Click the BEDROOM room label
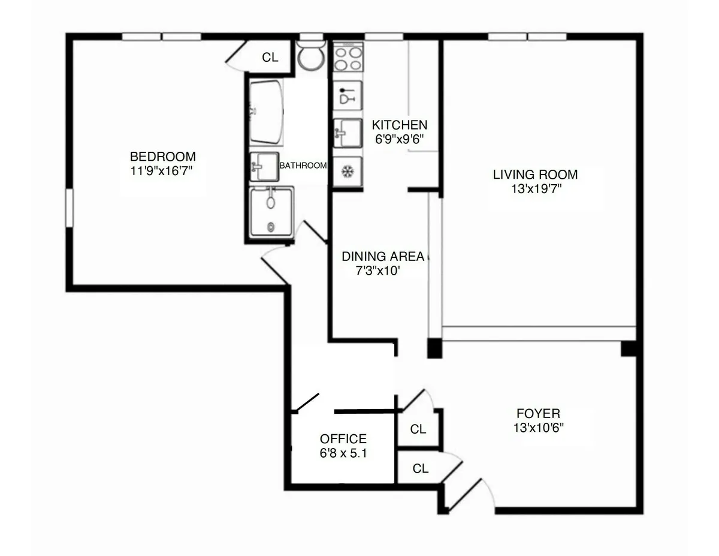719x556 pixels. pyautogui.click(x=162, y=157)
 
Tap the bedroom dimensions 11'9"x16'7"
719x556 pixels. pyautogui.click(x=162, y=170)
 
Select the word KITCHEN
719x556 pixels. pyautogui.click(x=400, y=125)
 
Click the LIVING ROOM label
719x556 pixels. pyautogui.click(x=535, y=175)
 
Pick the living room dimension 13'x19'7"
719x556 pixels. pyautogui.click(x=535, y=188)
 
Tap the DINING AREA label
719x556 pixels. pyautogui.click(x=382, y=257)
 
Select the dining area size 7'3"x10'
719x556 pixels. pyautogui.click(x=377, y=271)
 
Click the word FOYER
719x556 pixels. pyautogui.click(x=538, y=414)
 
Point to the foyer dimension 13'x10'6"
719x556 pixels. pyautogui.click(x=538, y=428)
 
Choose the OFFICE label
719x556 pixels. pyautogui.click(x=343, y=439)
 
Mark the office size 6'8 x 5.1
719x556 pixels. pyautogui.click(x=343, y=453)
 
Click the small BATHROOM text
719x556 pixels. pyautogui.click(x=303, y=166)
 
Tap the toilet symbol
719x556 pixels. pyautogui.click(x=310, y=56)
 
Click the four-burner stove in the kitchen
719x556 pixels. pyautogui.click(x=348, y=58)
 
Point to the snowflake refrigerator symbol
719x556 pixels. pyautogui.click(x=347, y=172)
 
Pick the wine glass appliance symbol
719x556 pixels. pyautogui.click(x=347, y=96)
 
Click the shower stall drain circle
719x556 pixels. pyautogui.click(x=271, y=227)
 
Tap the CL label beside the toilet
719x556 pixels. pyautogui.click(x=270, y=58)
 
